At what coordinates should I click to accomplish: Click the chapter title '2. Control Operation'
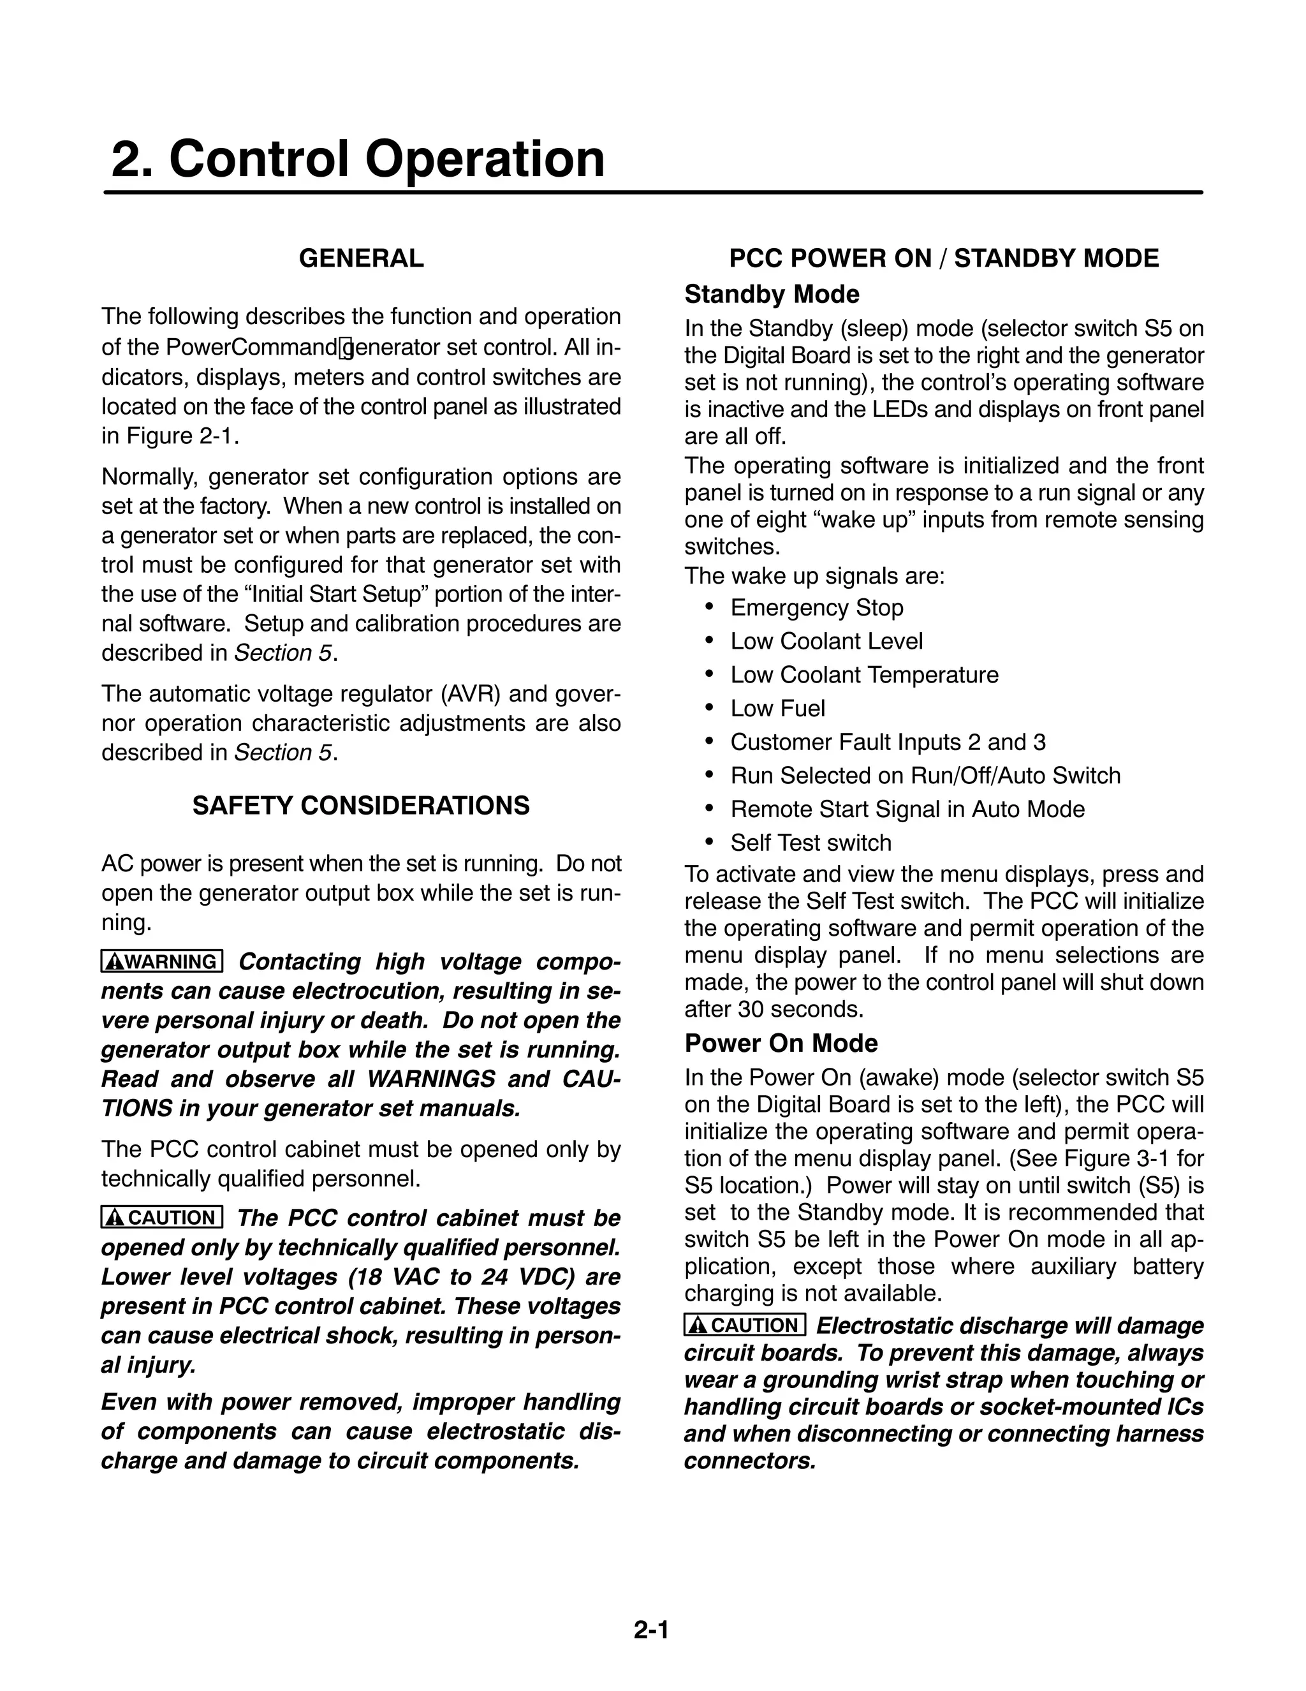click(x=358, y=159)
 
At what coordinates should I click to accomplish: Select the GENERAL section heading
click(x=361, y=258)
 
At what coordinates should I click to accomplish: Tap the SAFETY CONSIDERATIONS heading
click(x=361, y=806)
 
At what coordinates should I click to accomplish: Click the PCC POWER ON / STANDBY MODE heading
click(x=944, y=258)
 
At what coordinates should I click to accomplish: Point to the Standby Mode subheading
click(x=772, y=295)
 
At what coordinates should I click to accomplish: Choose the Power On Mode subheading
click(x=781, y=1044)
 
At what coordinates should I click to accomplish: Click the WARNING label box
click(x=163, y=962)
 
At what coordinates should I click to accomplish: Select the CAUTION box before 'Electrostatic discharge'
click(x=745, y=1325)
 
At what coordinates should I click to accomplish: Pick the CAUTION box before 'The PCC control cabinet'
click(x=163, y=1218)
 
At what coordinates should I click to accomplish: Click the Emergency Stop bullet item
click(x=816, y=608)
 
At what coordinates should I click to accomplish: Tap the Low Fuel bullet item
click(x=777, y=709)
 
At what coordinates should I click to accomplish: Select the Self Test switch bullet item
click(x=811, y=843)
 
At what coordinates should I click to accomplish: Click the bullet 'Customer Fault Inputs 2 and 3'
click(x=887, y=742)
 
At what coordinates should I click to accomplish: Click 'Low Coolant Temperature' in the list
click(x=864, y=675)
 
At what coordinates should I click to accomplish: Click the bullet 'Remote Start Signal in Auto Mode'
click(x=907, y=810)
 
